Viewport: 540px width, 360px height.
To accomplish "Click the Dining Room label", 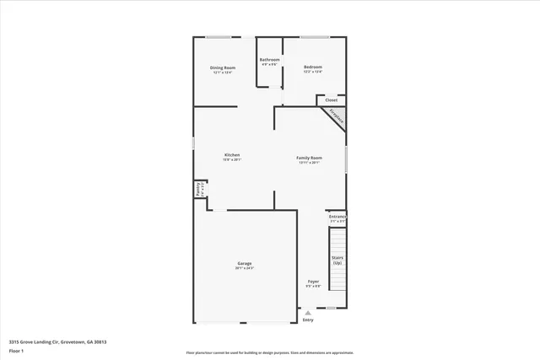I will point(223,67).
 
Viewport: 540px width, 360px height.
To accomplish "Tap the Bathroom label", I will point(270,60).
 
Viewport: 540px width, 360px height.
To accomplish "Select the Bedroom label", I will point(313,67).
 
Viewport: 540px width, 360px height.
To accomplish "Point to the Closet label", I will point(332,99).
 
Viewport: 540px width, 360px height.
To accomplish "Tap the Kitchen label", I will point(232,154).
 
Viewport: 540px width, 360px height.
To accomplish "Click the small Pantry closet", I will point(199,189).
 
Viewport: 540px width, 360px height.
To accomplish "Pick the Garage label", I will point(245,263).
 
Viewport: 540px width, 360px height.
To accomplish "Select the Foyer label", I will point(313,281).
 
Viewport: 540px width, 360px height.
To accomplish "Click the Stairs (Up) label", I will point(337,260).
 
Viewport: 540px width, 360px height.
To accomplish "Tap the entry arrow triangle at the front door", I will point(308,313).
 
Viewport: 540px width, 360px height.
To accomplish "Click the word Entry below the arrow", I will point(308,320).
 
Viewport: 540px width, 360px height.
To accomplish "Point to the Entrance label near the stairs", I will point(337,217).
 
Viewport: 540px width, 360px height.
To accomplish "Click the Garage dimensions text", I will point(245,268).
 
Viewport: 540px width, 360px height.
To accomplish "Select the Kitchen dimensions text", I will point(232,159).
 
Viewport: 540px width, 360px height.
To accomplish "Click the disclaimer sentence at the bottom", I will point(270,352).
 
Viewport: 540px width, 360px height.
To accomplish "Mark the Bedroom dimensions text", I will point(313,73).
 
